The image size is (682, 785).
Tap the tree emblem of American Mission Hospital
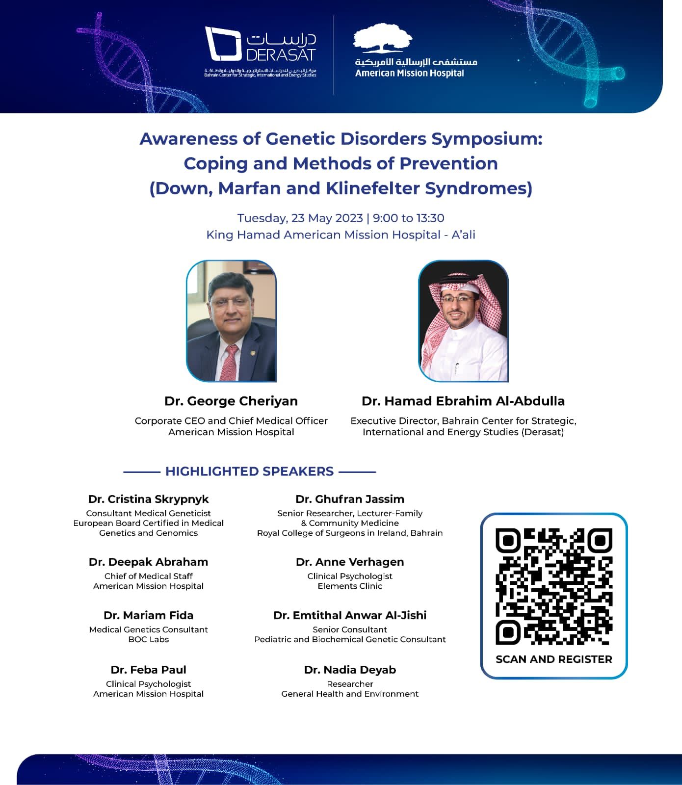[383, 38]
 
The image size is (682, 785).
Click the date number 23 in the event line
[298, 218]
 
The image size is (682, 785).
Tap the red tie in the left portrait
[230, 361]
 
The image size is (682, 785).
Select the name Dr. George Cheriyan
[231, 401]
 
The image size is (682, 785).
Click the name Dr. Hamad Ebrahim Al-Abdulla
[463, 401]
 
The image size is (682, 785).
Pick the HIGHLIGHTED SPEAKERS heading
[249, 471]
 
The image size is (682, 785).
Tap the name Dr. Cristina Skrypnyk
[148, 499]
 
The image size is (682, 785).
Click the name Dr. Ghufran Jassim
[350, 499]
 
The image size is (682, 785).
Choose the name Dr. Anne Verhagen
[350, 562]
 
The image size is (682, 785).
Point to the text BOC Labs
[148, 639]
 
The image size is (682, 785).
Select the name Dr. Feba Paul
[148, 670]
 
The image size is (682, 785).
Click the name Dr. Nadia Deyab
[350, 670]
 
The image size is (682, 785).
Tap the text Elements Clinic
[350, 586]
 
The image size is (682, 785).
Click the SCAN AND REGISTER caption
[553, 659]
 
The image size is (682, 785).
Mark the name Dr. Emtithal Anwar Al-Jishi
[350, 615]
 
